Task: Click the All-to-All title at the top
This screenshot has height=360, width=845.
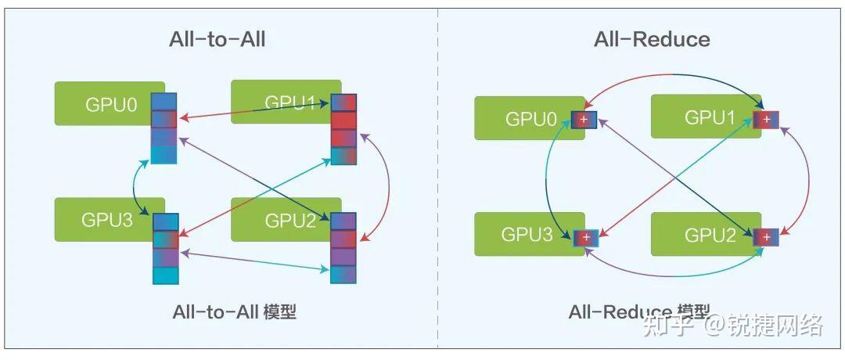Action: pyautogui.click(x=218, y=40)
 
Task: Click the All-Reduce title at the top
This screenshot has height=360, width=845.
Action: pyautogui.click(x=652, y=39)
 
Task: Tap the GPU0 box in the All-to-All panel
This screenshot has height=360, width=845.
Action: pyautogui.click(x=110, y=103)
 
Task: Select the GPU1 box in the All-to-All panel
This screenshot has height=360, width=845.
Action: pyautogui.click(x=286, y=102)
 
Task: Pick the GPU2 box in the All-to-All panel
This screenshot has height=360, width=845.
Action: pyautogui.click(x=286, y=219)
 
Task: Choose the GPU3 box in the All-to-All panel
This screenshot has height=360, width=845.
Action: pyautogui.click(x=110, y=219)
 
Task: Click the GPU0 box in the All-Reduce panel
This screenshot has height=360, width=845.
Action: pyautogui.click(x=529, y=118)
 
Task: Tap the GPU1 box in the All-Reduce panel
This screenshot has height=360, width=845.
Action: pyautogui.click(x=706, y=117)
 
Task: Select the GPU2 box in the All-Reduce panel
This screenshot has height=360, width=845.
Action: pyautogui.click(x=706, y=235)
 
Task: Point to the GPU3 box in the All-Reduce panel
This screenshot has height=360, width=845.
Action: pyautogui.click(x=529, y=235)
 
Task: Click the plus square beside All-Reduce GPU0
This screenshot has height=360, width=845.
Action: pyautogui.click(x=584, y=120)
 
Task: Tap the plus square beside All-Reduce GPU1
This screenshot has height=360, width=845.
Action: pyautogui.click(x=766, y=118)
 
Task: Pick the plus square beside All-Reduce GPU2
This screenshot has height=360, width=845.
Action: pyautogui.click(x=766, y=237)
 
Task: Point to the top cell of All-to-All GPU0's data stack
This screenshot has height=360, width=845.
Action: pyautogui.click(x=164, y=102)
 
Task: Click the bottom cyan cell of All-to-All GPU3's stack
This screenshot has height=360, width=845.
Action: pyautogui.click(x=165, y=275)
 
